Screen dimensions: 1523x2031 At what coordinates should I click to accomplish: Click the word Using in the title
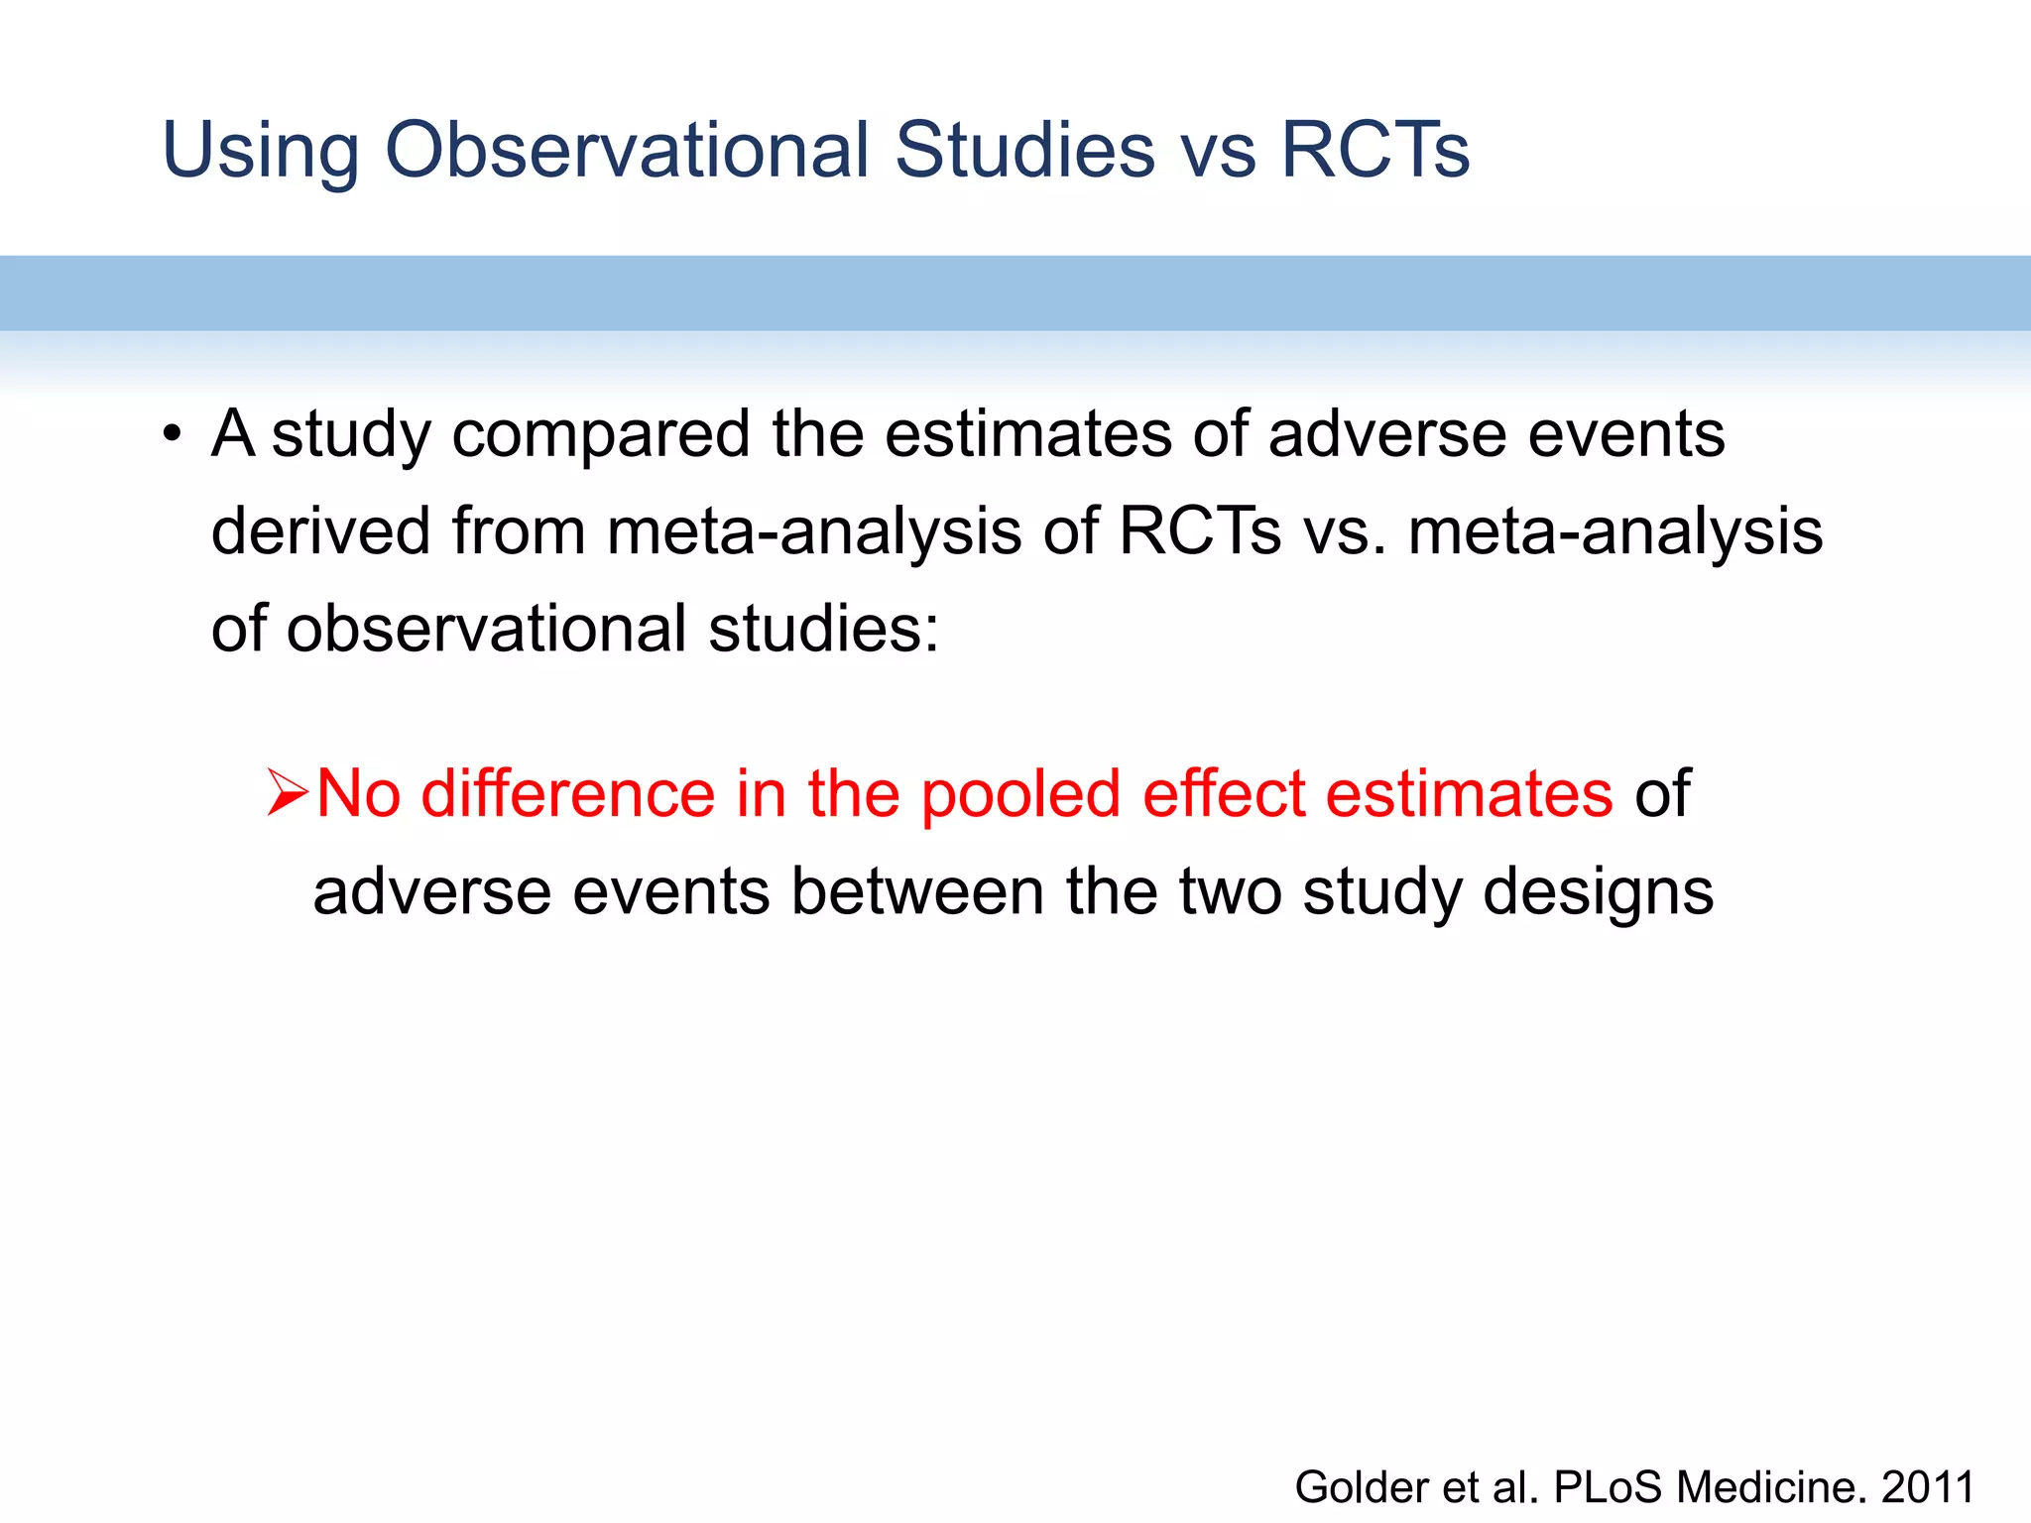tap(260, 151)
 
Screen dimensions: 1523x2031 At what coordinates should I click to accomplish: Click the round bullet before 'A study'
tap(173, 434)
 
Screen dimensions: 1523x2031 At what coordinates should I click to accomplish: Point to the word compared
tap(600, 436)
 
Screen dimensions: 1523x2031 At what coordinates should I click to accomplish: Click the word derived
tap(320, 530)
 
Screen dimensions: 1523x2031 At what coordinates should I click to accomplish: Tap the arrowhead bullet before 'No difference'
tap(288, 794)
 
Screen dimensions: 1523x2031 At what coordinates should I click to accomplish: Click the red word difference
tap(567, 793)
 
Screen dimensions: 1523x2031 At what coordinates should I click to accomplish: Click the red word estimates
tap(1469, 793)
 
